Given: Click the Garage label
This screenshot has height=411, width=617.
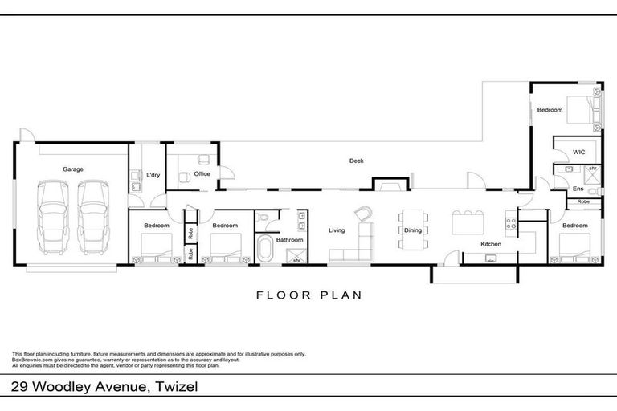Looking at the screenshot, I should [73, 169].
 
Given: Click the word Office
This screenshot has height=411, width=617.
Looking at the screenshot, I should [202, 173].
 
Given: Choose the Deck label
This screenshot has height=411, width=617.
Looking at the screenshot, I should [356, 161].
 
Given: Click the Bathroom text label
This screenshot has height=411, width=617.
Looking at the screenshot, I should [289, 239].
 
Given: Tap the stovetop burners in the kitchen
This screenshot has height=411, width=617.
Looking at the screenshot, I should [509, 221].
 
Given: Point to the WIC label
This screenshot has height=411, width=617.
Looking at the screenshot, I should [578, 153].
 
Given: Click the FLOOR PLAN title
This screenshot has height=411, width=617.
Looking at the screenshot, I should [308, 295].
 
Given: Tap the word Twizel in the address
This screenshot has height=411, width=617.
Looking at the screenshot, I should [175, 388].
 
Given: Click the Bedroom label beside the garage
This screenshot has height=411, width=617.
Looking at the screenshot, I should [156, 226].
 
